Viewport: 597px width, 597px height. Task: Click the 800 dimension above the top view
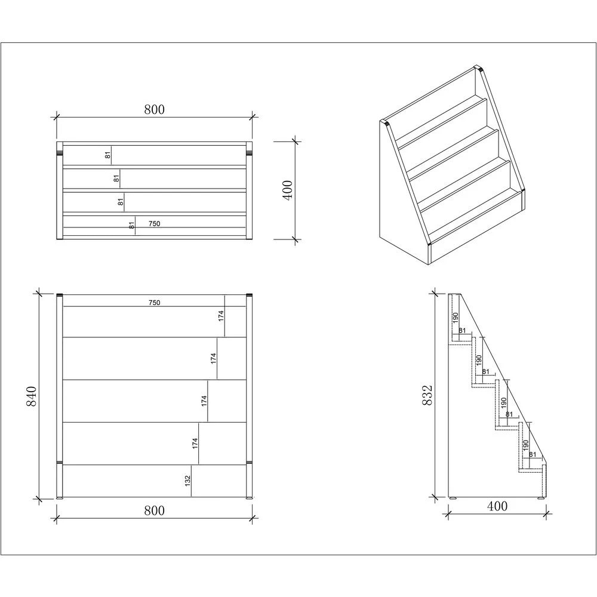click(x=154, y=109)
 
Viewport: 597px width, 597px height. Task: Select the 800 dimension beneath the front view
click(x=154, y=510)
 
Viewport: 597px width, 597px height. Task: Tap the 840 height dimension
click(x=32, y=396)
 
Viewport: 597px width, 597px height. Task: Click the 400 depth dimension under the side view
click(x=497, y=506)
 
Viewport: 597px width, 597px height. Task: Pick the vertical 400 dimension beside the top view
click(x=288, y=190)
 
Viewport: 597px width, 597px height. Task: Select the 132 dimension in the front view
click(x=187, y=479)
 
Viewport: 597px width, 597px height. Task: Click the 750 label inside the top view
click(x=154, y=224)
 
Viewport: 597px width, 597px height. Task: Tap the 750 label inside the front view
click(x=154, y=303)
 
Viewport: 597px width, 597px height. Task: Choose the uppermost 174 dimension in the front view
click(x=221, y=316)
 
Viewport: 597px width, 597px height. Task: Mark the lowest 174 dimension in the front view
click(x=195, y=444)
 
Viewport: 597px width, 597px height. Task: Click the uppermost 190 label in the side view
click(x=455, y=318)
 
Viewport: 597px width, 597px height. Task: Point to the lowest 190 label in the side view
click(x=526, y=445)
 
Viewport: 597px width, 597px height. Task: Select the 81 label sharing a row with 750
click(x=131, y=225)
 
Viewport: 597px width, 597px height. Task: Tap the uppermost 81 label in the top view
click(x=108, y=155)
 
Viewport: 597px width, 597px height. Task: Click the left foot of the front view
click(x=60, y=497)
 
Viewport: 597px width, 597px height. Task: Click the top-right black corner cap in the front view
click(x=250, y=295)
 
